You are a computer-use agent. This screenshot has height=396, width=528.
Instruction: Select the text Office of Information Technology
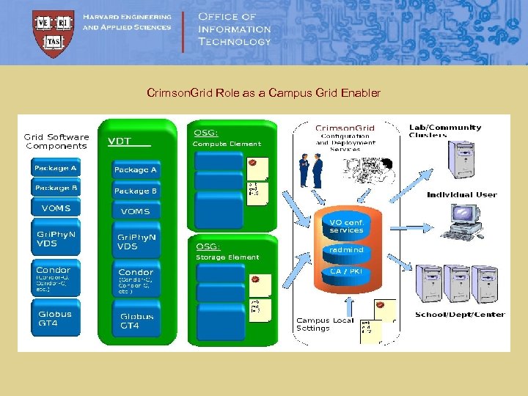point(235,29)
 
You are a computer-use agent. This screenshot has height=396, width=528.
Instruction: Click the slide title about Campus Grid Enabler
point(263,93)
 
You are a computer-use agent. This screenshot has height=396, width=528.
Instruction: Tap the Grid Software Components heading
point(57,141)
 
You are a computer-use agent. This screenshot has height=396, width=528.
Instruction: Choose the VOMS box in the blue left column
point(56,208)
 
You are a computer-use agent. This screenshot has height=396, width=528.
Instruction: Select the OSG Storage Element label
point(227,252)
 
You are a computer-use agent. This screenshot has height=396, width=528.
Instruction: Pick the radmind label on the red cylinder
point(346,250)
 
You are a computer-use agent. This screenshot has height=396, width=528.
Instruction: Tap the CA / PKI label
point(346,271)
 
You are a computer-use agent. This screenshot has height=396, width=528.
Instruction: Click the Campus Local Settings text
point(324,324)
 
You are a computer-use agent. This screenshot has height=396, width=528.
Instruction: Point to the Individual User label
point(461,195)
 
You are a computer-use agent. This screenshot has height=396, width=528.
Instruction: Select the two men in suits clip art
point(311,172)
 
